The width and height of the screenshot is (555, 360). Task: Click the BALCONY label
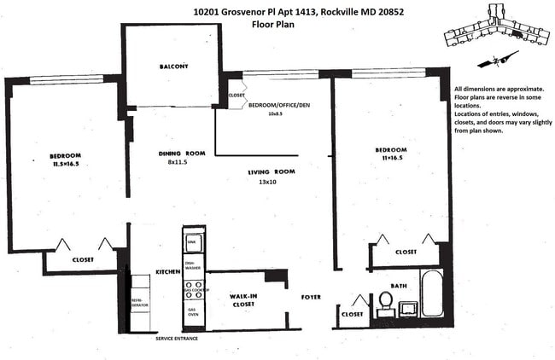(173, 67)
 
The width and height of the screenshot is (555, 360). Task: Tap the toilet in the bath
(385, 301)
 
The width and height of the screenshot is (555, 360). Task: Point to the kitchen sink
(191, 243)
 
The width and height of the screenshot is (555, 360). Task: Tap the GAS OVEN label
(193, 312)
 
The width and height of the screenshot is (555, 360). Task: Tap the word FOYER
(311, 297)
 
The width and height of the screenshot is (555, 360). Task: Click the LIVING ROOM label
(271, 172)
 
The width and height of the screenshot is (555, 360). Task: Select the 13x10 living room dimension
(268, 182)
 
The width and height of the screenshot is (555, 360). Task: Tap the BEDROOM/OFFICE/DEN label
(278, 105)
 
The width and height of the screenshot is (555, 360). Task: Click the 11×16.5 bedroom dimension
(392, 160)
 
